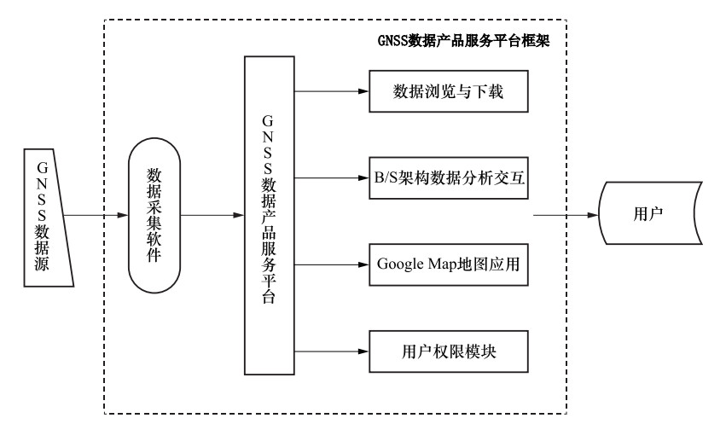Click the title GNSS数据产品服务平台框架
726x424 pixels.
[463, 41]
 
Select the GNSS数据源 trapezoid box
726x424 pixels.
[48, 218]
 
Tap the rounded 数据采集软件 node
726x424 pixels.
[154, 215]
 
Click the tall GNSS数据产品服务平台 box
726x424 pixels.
[270, 215]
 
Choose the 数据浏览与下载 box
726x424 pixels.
[449, 91]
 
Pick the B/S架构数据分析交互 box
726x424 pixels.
[449, 177]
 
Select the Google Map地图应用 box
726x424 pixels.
[449, 264]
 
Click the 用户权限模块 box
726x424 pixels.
[449, 351]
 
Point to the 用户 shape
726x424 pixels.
[651, 213]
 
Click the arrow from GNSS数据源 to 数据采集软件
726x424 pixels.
[96, 215]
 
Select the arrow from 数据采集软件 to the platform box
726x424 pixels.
[212, 215]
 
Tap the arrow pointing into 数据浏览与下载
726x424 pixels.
[332, 91]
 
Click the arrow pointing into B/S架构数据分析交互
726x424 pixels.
[332, 177]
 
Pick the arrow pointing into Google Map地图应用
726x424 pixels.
[332, 264]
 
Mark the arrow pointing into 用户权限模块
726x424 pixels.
[332, 351]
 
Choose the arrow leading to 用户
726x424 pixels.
[566, 215]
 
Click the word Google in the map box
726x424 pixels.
[400, 264]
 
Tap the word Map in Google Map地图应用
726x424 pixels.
[442, 264]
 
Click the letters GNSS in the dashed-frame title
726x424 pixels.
[392, 41]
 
